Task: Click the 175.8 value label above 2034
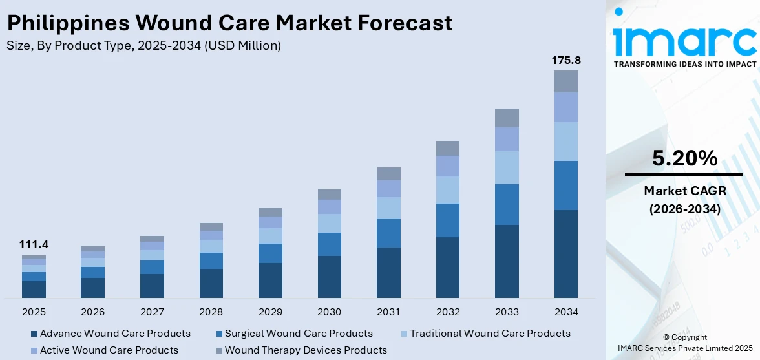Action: [x=565, y=60]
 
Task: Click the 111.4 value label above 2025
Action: [x=34, y=244]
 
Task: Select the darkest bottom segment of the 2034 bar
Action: [x=565, y=253]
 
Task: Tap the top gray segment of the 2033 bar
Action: [x=507, y=118]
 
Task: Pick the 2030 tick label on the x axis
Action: [x=330, y=312]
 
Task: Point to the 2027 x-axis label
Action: [x=152, y=312]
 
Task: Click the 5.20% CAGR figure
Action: [x=684, y=158]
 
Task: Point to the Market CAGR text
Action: [x=684, y=191]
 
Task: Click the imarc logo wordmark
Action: [x=684, y=40]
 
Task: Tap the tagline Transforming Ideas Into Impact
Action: [x=684, y=64]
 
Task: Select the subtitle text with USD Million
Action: [x=143, y=45]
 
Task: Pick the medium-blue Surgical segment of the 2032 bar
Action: [x=447, y=220]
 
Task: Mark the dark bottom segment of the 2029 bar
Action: [x=270, y=280]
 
